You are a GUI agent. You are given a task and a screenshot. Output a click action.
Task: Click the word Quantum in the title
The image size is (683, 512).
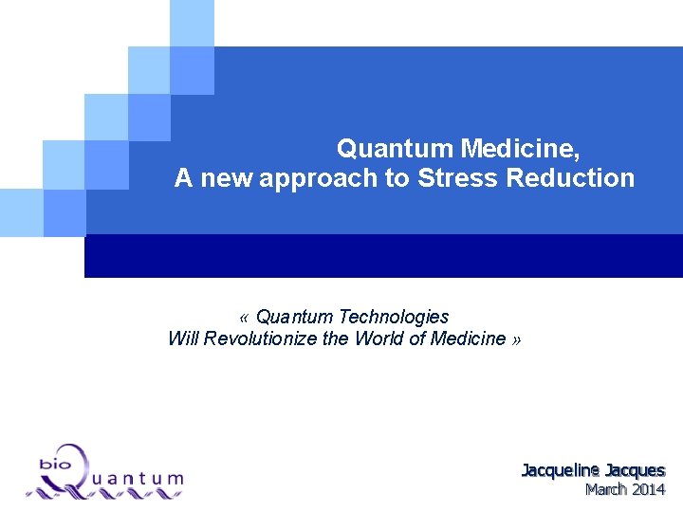395,149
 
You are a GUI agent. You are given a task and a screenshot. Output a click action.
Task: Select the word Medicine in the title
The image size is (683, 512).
518,149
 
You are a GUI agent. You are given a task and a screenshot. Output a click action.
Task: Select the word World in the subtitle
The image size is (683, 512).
380,338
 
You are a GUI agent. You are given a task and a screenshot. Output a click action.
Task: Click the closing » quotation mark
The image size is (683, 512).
515,339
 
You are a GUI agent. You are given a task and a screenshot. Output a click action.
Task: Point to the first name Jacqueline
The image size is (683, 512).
561,470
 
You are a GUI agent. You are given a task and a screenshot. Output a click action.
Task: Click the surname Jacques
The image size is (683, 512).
636,470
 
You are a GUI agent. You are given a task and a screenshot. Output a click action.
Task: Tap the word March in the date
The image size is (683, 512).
604,490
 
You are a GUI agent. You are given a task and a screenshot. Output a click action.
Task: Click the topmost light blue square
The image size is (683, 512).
193,23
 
